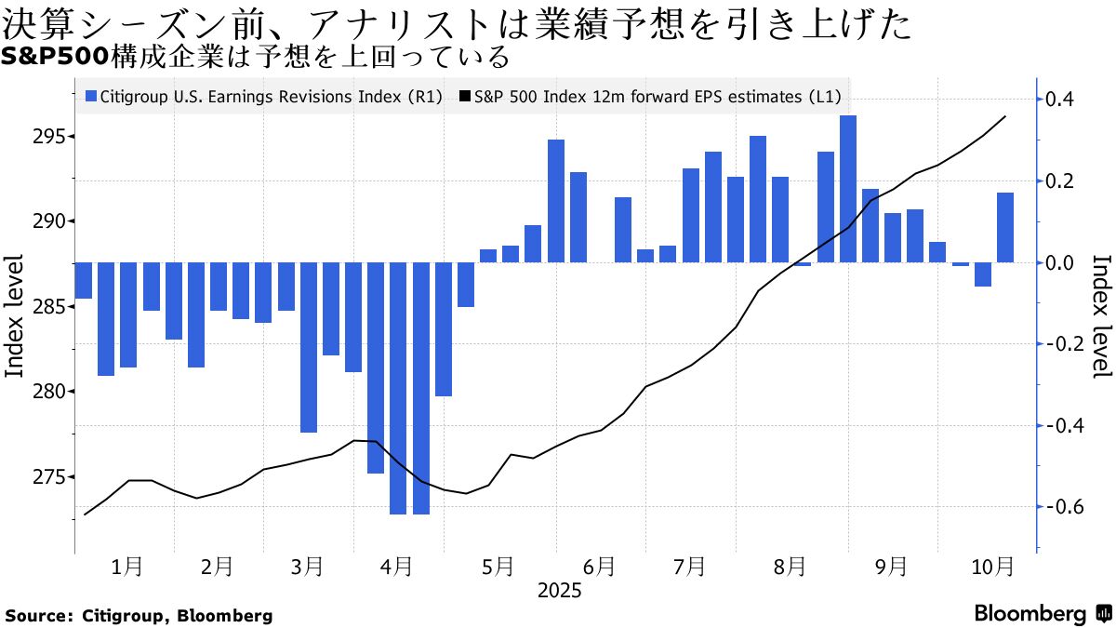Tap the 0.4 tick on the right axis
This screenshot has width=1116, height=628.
(x=1062, y=100)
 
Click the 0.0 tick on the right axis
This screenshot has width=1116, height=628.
(x=1062, y=262)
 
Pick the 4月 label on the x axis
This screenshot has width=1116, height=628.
(x=398, y=566)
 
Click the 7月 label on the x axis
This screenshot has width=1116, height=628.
(x=689, y=566)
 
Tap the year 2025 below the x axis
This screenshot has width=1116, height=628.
(x=558, y=591)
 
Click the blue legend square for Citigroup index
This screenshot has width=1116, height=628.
(x=90, y=96)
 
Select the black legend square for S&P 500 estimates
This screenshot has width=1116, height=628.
(x=465, y=96)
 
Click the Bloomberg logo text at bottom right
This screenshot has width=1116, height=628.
(x=1030, y=614)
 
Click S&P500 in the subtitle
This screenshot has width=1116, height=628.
(x=53, y=58)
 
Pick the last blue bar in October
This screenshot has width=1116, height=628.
(x=1005, y=227)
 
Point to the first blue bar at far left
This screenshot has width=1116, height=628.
(x=83, y=280)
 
